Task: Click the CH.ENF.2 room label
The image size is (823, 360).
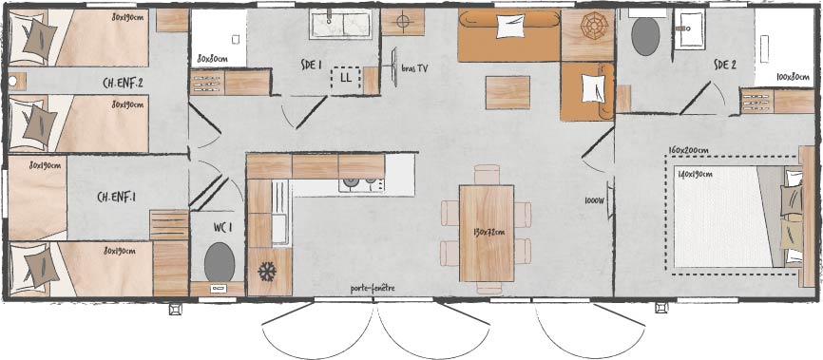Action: [x=124, y=84]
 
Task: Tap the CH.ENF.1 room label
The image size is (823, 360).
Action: [x=117, y=197]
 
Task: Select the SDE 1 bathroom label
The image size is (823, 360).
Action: [x=311, y=66]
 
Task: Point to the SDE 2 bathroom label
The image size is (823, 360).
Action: [x=725, y=66]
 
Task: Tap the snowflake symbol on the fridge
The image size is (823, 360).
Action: [x=267, y=272]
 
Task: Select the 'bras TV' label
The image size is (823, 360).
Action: [x=414, y=68]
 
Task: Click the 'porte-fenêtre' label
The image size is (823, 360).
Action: [x=373, y=288]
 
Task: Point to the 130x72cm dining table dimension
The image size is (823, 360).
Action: [x=489, y=232]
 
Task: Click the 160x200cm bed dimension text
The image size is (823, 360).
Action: [x=689, y=150]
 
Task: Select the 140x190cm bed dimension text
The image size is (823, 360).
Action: [x=694, y=174]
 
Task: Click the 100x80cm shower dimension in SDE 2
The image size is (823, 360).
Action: [x=793, y=77]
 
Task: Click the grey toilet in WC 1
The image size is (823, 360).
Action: [x=220, y=262]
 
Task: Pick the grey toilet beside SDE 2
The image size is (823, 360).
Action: [x=645, y=37]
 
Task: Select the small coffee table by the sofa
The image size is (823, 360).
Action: [x=507, y=92]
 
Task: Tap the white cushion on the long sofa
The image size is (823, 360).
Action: [x=507, y=27]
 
